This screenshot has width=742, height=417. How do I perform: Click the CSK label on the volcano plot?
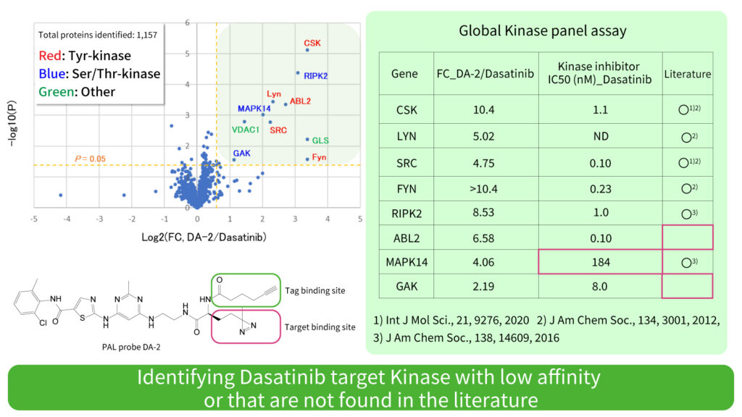coord(312,43)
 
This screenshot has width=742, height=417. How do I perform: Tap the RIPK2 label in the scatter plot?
coord(316,75)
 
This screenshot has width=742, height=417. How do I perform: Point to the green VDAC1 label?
coord(246,130)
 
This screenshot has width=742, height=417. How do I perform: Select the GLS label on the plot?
coord(320,140)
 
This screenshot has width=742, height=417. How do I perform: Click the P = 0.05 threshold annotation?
coord(91,159)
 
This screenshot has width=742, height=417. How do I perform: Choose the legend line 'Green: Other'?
coord(79,91)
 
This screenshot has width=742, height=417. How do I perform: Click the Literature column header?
coord(687,74)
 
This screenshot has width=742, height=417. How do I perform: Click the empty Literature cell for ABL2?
coord(687,238)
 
